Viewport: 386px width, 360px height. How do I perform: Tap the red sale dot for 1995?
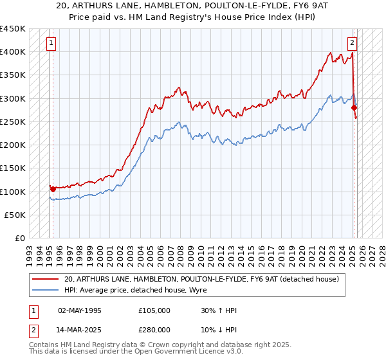click(53, 189)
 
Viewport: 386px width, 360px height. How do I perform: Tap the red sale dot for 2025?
click(354, 108)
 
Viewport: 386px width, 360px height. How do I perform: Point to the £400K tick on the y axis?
click(13, 51)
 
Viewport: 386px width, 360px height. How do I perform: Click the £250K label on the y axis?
click(13, 122)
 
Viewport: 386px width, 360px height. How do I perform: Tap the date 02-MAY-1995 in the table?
click(80, 310)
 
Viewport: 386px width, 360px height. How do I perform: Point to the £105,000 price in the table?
click(154, 310)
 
